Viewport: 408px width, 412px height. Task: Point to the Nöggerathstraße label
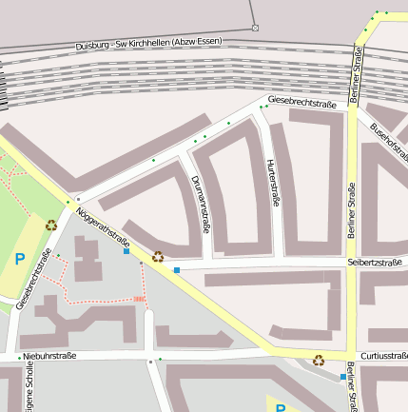pyautogui.click(x=102, y=227)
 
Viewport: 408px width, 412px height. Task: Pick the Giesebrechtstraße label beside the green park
pyautogui.click(x=32, y=279)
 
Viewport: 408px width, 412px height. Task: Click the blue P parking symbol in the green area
pyautogui.click(x=20, y=258)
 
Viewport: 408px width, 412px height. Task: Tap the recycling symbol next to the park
pyautogui.click(x=51, y=226)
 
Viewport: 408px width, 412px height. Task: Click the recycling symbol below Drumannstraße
pyautogui.click(x=158, y=256)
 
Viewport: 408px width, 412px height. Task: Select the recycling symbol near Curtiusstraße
pyautogui.click(x=319, y=361)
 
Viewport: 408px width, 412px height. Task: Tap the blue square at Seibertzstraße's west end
pyautogui.click(x=177, y=270)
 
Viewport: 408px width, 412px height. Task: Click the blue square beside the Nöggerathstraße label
pyautogui.click(x=126, y=251)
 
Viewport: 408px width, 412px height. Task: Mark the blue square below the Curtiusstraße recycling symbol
pyautogui.click(x=343, y=377)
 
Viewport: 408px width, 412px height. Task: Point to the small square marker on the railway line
pyautogui.click(x=255, y=28)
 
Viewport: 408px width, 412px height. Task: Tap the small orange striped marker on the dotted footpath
pyautogui.click(x=140, y=300)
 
